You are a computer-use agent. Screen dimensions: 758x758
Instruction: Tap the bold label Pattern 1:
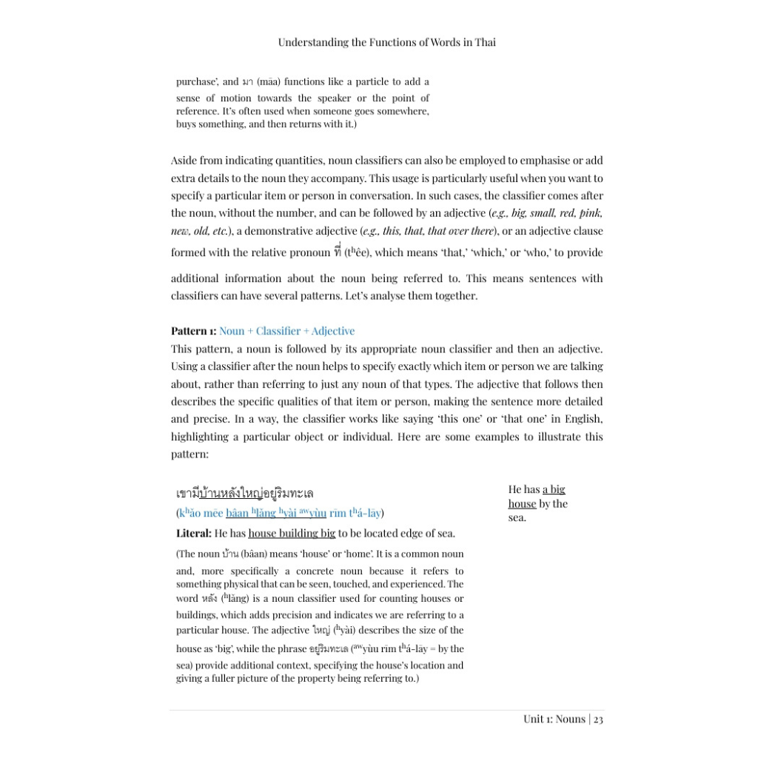pyautogui.click(x=193, y=331)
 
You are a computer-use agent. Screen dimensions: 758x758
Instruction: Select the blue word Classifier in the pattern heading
pyautogui.click(x=278, y=331)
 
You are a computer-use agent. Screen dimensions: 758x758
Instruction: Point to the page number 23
pyautogui.click(x=598, y=719)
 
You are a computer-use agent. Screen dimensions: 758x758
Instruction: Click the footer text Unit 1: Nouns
pyautogui.click(x=554, y=719)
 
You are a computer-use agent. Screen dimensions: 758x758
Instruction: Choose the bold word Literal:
pyautogui.click(x=193, y=533)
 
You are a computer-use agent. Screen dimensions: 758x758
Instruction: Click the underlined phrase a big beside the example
pyautogui.click(x=554, y=489)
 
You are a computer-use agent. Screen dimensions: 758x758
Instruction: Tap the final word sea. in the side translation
pyautogui.click(x=517, y=517)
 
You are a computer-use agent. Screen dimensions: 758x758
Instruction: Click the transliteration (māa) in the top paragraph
pyautogui.click(x=267, y=81)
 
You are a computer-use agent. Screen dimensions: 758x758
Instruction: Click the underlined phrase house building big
pyautogui.click(x=292, y=533)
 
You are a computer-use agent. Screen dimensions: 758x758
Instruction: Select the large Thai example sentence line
pyautogui.click(x=244, y=493)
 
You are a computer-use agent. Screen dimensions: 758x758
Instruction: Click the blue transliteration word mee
pyautogui.click(x=213, y=513)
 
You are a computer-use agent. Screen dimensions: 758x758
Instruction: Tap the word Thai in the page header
pyautogui.click(x=485, y=42)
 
